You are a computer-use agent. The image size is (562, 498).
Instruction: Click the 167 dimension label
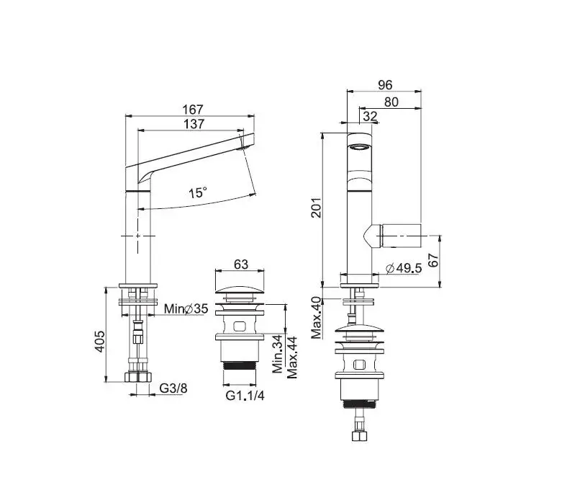tap(193, 109)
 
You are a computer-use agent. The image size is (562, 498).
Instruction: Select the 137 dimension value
tap(194, 124)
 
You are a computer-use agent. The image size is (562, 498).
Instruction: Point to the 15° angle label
tap(198, 193)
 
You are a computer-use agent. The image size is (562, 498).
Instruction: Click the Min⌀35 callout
tap(186, 308)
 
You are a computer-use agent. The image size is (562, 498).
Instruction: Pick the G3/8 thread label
tap(173, 388)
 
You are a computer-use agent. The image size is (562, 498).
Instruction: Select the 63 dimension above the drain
tap(241, 264)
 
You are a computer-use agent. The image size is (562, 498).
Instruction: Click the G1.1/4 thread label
tap(245, 396)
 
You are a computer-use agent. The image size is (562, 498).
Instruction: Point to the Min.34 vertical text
tap(278, 355)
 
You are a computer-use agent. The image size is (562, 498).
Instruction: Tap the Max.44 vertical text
tap(291, 357)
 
